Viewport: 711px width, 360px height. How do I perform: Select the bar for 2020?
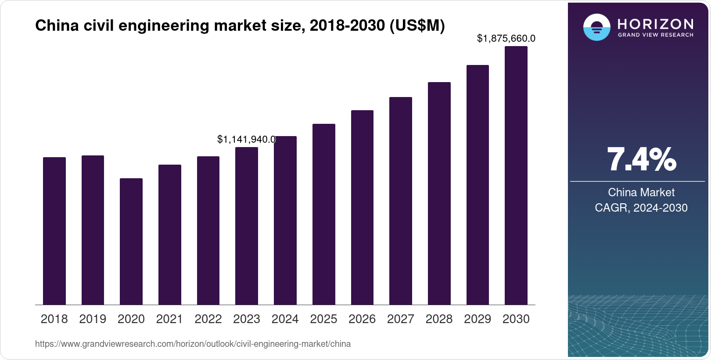pos(131,241)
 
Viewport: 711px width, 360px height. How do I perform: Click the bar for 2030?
pos(516,176)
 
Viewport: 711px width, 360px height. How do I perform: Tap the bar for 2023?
pos(246,226)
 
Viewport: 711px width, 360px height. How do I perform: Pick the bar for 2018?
pos(54,231)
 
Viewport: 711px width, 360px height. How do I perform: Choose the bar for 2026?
pos(362,207)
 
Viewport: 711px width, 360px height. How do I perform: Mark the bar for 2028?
pos(439,193)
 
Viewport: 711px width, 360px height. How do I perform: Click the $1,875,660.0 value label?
pos(506,39)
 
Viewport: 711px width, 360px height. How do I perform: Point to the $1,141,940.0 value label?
pos(246,140)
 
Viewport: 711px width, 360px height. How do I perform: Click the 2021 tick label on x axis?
pos(169,319)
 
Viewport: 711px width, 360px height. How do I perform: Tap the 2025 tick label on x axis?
pos(323,319)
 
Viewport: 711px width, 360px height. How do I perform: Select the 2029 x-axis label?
pos(478,319)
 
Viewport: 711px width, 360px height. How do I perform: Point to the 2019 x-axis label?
pos(93,319)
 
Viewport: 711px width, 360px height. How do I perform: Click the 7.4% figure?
pos(641,160)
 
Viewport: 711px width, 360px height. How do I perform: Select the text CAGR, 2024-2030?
pos(641,208)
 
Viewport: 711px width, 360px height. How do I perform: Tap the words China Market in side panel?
pos(641,192)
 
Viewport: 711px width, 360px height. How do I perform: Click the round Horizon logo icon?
pos(596,27)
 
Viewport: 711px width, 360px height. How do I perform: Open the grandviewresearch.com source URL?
pos(193,344)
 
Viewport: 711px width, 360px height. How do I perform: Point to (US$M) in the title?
pos(417,26)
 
